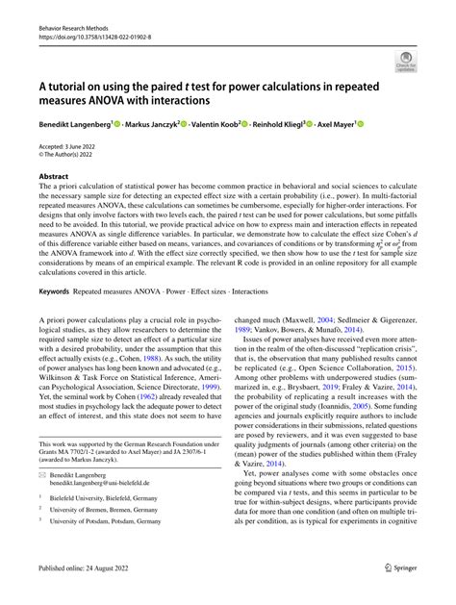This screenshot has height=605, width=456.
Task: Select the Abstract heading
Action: (x=54, y=177)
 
